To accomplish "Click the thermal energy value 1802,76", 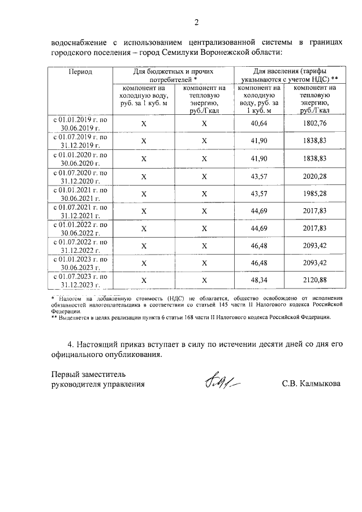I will pyautogui.click(x=315, y=123).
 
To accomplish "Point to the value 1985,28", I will pyautogui.click(x=315, y=193).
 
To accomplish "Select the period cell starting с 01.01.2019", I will pyautogui.click(x=80, y=123).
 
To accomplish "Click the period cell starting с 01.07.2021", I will pyautogui.click(x=80, y=211).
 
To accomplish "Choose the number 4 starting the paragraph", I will pyautogui.click(x=70, y=344).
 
